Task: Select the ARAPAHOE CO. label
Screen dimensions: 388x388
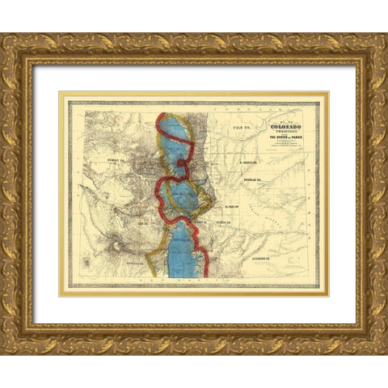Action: (x=253, y=162)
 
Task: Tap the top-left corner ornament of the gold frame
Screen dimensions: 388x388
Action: (x=16, y=48)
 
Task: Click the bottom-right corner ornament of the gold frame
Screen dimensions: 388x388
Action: (x=373, y=339)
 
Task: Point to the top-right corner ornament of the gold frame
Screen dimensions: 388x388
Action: (x=373, y=48)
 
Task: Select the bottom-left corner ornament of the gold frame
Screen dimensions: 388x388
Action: (x=16, y=339)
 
